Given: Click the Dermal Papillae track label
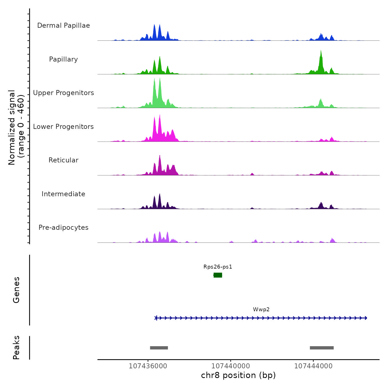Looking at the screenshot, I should (63, 25).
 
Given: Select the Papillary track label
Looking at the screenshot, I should (63, 59).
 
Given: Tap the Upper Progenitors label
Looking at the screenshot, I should (63, 93).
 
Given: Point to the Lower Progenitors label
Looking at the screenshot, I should (63, 127).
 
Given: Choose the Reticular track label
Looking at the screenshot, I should (63, 160).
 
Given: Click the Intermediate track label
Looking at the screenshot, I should (63, 194).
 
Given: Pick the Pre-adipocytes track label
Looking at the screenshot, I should (63, 228).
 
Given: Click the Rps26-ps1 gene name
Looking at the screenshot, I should (218, 267).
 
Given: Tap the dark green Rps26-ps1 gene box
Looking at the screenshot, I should (218, 275).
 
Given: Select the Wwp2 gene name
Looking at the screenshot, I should (261, 310).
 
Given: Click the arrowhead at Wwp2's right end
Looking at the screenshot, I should (366, 318).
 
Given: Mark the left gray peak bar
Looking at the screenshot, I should (159, 348).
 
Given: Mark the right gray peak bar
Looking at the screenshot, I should (322, 348).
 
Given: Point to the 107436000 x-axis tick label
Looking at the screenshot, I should (148, 366).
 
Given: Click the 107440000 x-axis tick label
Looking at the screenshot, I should (231, 366).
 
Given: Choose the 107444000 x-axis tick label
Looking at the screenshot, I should (313, 366).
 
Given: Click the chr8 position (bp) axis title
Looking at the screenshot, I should (238, 376).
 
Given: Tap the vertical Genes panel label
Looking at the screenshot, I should (16, 290).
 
